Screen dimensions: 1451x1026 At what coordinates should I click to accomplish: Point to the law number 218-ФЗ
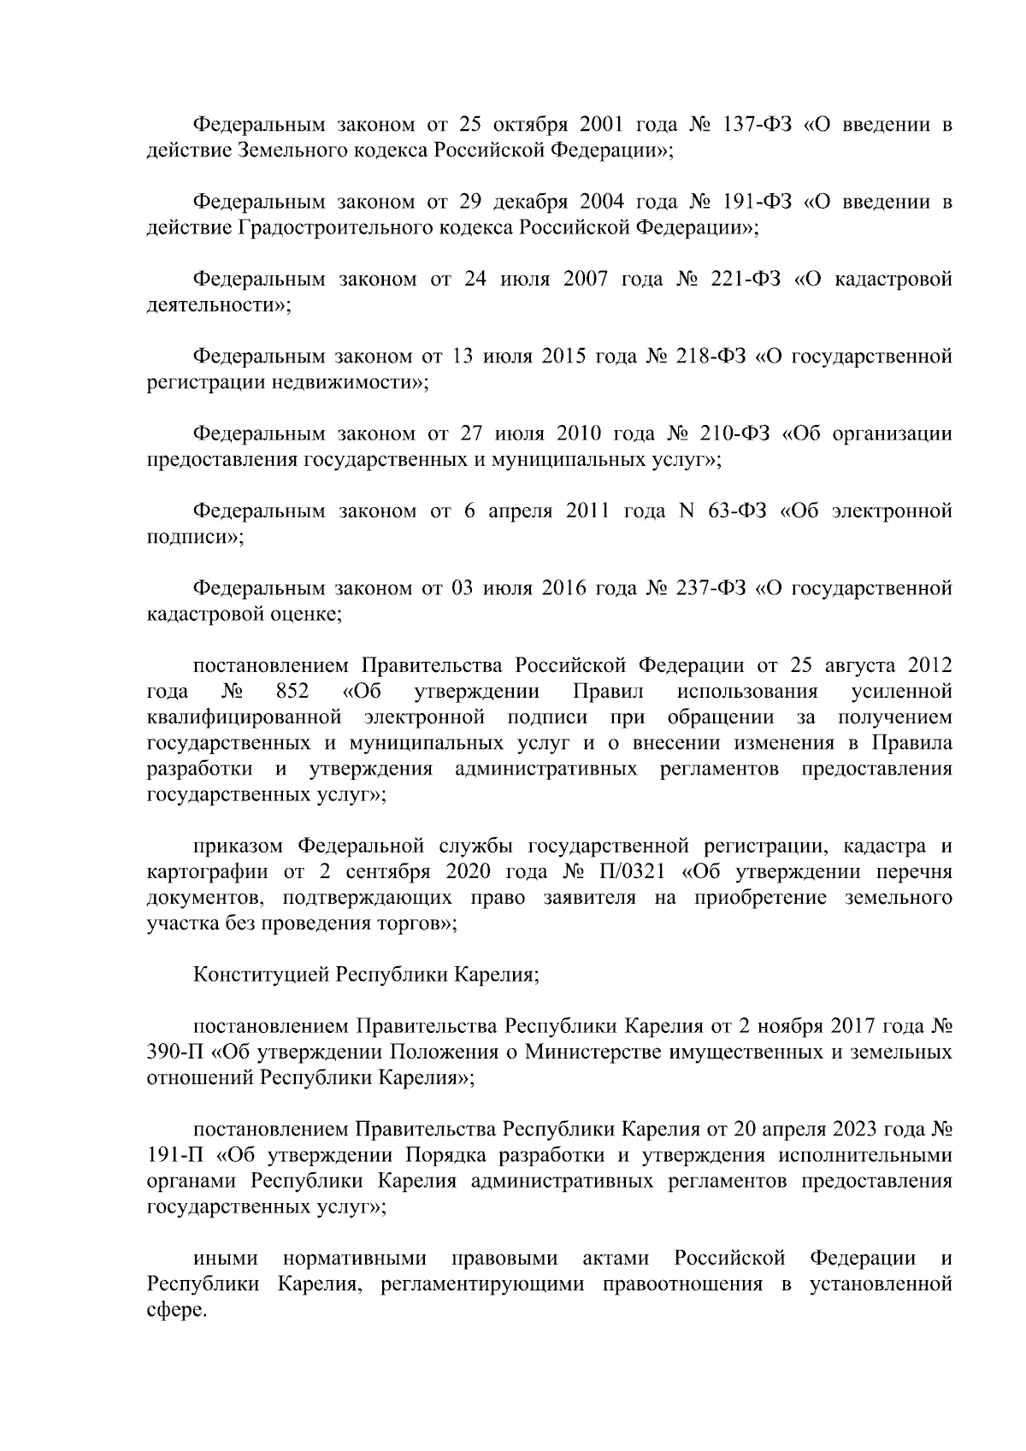pyautogui.click(x=711, y=356)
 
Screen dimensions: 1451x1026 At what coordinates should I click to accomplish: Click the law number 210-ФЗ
pyautogui.click(x=734, y=434)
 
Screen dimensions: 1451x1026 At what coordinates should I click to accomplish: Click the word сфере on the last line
pyautogui.click(x=177, y=1309)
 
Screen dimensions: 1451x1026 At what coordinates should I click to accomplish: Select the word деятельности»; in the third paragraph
pyautogui.click(x=219, y=305)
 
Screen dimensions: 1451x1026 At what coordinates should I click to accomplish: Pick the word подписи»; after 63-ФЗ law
pyautogui.click(x=195, y=537)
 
